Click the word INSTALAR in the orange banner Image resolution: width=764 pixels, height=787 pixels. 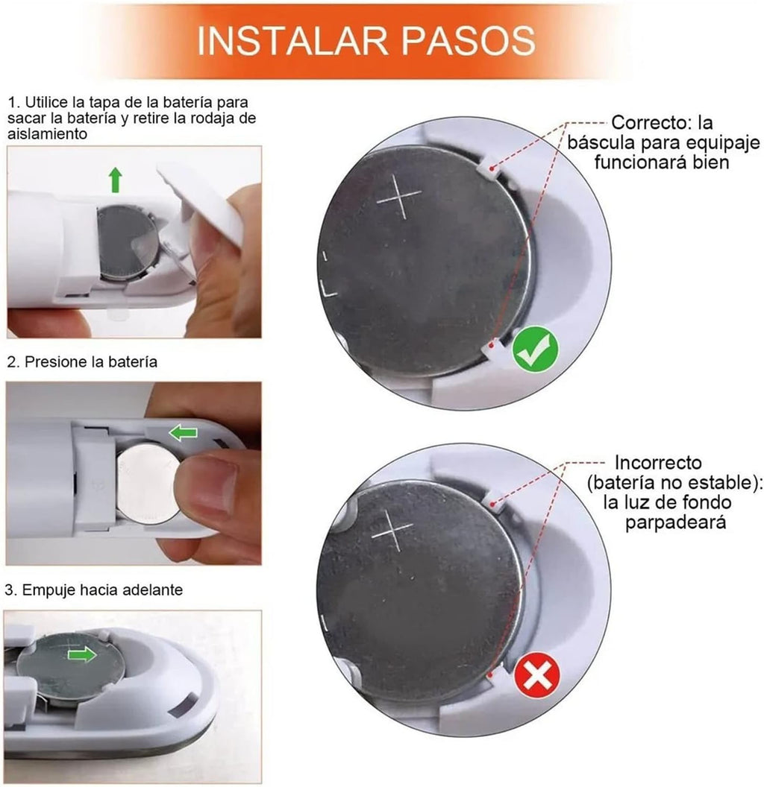[x=292, y=41]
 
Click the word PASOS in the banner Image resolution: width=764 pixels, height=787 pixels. [x=468, y=41]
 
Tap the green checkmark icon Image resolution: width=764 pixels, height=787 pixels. [x=535, y=348]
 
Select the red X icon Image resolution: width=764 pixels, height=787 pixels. [x=536, y=675]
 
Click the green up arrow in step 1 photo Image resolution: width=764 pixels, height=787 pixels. [x=116, y=180]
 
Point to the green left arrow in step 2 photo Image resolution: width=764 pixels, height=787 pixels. [x=183, y=433]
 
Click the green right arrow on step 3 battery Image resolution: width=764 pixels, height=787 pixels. [x=83, y=654]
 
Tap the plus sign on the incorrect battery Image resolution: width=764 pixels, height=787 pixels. [x=392, y=531]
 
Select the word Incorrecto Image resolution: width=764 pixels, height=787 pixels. [x=658, y=462]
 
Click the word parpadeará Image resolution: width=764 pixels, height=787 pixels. [x=675, y=522]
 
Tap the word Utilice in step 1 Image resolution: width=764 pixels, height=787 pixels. [x=46, y=102]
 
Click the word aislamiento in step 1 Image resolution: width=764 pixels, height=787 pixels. [x=47, y=134]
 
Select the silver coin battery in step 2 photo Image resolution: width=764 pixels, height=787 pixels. [x=146, y=483]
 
